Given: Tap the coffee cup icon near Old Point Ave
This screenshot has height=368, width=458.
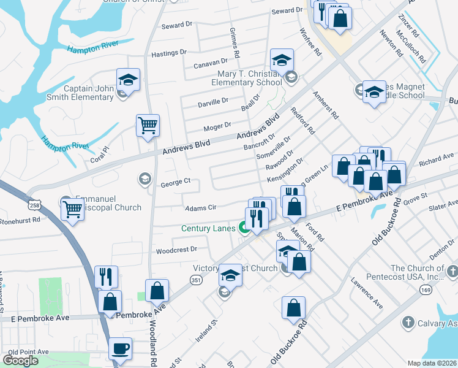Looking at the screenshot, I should click(x=120, y=348).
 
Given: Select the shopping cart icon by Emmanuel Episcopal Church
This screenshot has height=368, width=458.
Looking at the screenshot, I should click(x=73, y=210).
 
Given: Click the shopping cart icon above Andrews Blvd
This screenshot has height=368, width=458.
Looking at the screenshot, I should click(x=148, y=126).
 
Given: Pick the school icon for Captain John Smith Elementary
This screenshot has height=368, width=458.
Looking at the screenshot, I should click(x=129, y=79).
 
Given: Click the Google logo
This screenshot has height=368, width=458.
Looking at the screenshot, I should click(x=21, y=361).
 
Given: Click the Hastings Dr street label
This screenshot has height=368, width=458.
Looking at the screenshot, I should click(x=168, y=53).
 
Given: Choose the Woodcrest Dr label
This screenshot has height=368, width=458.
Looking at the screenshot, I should click(x=176, y=250).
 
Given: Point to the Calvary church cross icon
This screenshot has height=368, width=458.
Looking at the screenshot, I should click(x=408, y=322).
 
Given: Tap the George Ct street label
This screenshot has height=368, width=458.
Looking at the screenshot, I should click(x=176, y=182).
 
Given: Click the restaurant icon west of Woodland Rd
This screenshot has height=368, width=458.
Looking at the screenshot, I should click(x=106, y=277).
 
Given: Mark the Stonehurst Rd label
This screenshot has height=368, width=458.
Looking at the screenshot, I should click(x=20, y=219).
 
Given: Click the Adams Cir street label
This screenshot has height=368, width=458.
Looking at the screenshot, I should click(x=201, y=208).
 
